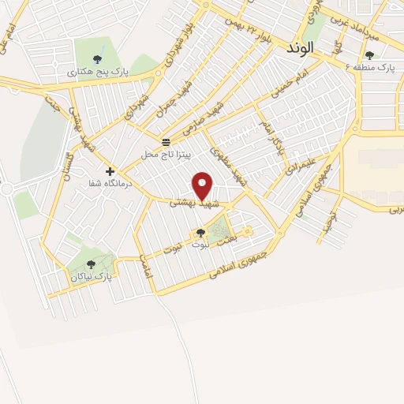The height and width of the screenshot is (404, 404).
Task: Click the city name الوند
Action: pyautogui.click(x=301, y=47)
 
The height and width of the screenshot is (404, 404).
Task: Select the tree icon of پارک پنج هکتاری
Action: pyautogui.click(x=97, y=58)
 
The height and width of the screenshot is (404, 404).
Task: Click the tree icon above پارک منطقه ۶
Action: pyautogui.click(x=369, y=55)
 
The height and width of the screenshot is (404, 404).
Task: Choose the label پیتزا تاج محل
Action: pyautogui.click(x=166, y=155)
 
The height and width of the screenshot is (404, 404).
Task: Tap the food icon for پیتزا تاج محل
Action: pyautogui.click(x=166, y=142)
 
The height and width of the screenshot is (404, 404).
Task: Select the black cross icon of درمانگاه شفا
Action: pyautogui.click(x=110, y=171)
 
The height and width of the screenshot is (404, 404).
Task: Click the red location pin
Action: pyautogui.click(x=203, y=185)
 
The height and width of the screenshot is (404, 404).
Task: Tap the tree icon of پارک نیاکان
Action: pyautogui.click(x=91, y=265)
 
